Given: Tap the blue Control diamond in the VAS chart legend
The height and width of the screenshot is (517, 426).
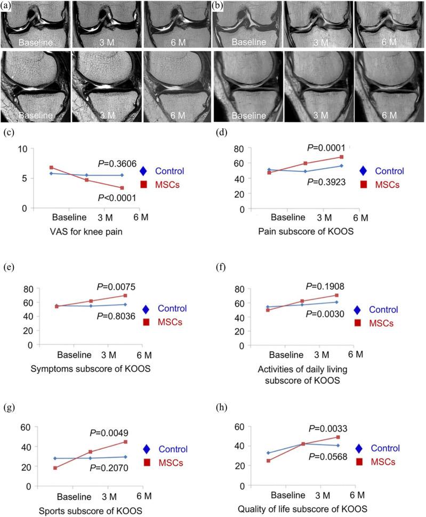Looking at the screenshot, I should tap(143, 171).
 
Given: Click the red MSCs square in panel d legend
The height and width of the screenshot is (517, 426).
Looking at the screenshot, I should tap(364, 185).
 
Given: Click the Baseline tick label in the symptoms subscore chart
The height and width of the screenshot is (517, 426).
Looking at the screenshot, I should tap(73, 355).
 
